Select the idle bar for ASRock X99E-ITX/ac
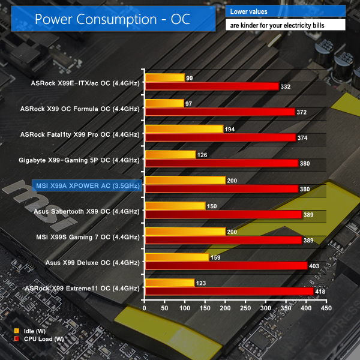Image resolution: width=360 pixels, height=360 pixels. pos(164,78)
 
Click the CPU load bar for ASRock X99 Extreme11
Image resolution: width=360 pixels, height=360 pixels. pos(229,292)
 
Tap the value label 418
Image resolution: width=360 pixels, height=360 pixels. pos(321,292)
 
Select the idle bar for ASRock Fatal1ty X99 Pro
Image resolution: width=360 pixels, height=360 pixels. pos(184,129)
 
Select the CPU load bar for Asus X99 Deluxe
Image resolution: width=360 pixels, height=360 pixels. pos(226,266)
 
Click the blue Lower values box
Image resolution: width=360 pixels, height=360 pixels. pos(286,11)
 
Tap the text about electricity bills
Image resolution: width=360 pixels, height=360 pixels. pos(286,25)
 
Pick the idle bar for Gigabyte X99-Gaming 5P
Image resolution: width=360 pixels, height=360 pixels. pos(170,155)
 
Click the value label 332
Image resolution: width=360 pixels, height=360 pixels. pos(286,87)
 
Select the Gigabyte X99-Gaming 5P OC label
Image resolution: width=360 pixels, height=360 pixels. pos(88,160)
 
